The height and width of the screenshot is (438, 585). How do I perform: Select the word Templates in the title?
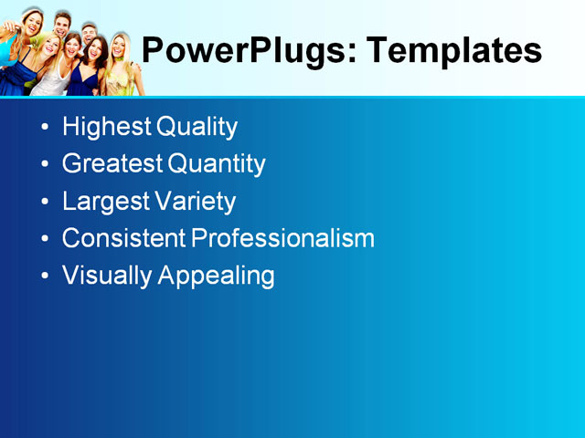coord(453,50)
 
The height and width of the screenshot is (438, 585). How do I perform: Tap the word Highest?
coord(106,127)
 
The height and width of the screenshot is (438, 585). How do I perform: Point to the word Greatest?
coord(112,164)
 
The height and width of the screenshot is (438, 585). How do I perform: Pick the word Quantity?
coord(217,164)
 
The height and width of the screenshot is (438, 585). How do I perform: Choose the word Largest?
coord(103,202)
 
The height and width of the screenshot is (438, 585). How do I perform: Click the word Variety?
coord(195,202)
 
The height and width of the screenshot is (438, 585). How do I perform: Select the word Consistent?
coord(123,239)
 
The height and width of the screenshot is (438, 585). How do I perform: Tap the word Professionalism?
coord(282,239)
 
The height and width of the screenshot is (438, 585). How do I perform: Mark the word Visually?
coord(107,276)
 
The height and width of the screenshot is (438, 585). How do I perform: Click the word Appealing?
coord(217,276)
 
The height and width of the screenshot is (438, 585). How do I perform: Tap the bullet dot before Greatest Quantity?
coord(46,165)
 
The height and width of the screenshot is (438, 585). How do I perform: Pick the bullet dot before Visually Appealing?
coord(46,276)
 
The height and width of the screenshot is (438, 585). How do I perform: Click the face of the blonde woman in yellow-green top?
coord(119,48)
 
